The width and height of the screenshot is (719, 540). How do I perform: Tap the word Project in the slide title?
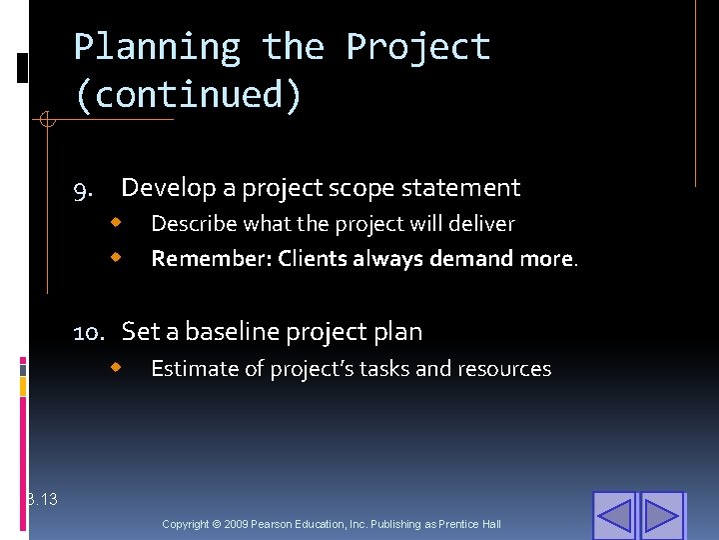417,47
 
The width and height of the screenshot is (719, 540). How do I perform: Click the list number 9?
83,189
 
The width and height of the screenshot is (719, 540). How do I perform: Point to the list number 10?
92,332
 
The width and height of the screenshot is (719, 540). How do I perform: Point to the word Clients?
310,259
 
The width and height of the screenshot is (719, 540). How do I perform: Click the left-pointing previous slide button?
614,516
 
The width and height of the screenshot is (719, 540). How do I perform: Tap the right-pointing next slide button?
661,516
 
